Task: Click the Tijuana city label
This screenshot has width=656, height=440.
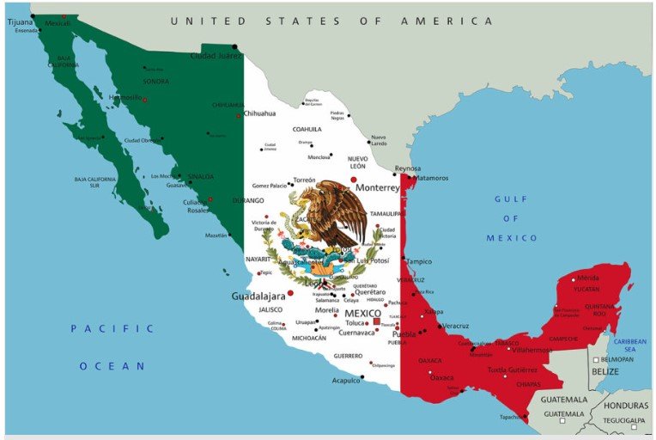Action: coord(19,21)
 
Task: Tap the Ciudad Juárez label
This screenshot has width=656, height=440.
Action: coord(216,57)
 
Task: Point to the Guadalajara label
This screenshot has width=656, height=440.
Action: coord(258,296)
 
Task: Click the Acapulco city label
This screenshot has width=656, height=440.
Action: coord(346,380)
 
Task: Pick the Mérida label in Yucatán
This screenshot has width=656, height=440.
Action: coord(588,278)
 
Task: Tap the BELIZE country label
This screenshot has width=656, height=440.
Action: coord(605,371)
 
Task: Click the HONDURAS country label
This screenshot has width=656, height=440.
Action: coord(626,405)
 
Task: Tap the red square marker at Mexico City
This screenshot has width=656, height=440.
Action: coord(376,321)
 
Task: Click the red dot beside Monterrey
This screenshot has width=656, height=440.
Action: coord(353,180)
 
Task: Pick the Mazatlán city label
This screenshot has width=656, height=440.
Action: coord(216,235)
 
